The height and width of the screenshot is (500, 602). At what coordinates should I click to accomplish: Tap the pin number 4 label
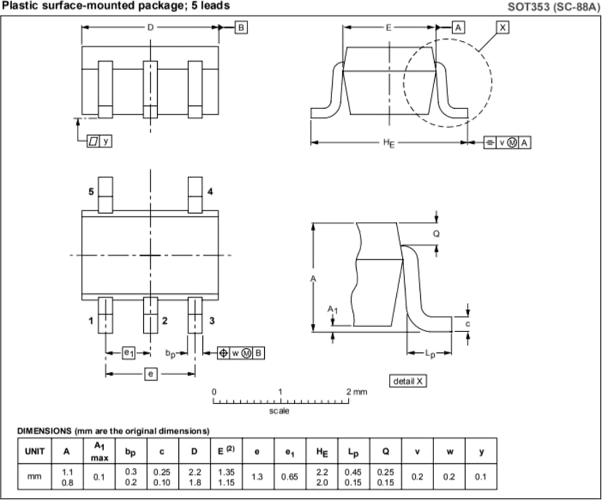[x=210, y=192]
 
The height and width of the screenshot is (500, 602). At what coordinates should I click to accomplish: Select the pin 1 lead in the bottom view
[x=105, y=315]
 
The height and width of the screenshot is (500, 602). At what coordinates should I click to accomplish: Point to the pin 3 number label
[x=211, y=321]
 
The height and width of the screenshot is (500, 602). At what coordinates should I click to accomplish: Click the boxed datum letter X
[x=503, y=27]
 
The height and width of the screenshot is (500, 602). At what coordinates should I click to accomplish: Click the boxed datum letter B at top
[x=241, y=27]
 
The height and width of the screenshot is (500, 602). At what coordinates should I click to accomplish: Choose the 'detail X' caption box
[x=408, y=381]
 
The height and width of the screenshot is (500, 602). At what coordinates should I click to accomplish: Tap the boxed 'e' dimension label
[x=150, y=374]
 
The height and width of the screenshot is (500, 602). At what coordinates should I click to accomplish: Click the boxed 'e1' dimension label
[x=129, y=352]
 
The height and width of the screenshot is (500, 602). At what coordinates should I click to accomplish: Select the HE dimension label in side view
[x=388, y=143]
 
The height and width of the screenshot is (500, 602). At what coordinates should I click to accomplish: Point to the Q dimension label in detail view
[x=436, y=234]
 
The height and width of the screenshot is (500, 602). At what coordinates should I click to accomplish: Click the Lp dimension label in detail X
[x=430, y=353]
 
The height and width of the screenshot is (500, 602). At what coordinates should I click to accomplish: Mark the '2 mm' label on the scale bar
[x=357, y=392]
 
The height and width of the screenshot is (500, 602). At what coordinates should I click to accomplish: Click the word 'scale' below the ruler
[x=279, y=411]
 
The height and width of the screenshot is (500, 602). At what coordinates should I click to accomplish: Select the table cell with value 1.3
[x=257, y=477]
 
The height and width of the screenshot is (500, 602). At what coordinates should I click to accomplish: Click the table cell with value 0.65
[x=289, y=477]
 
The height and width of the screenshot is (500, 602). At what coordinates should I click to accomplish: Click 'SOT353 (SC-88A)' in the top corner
[x=553, y=7]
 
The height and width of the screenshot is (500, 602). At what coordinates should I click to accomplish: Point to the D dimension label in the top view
[x=150, y=27]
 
